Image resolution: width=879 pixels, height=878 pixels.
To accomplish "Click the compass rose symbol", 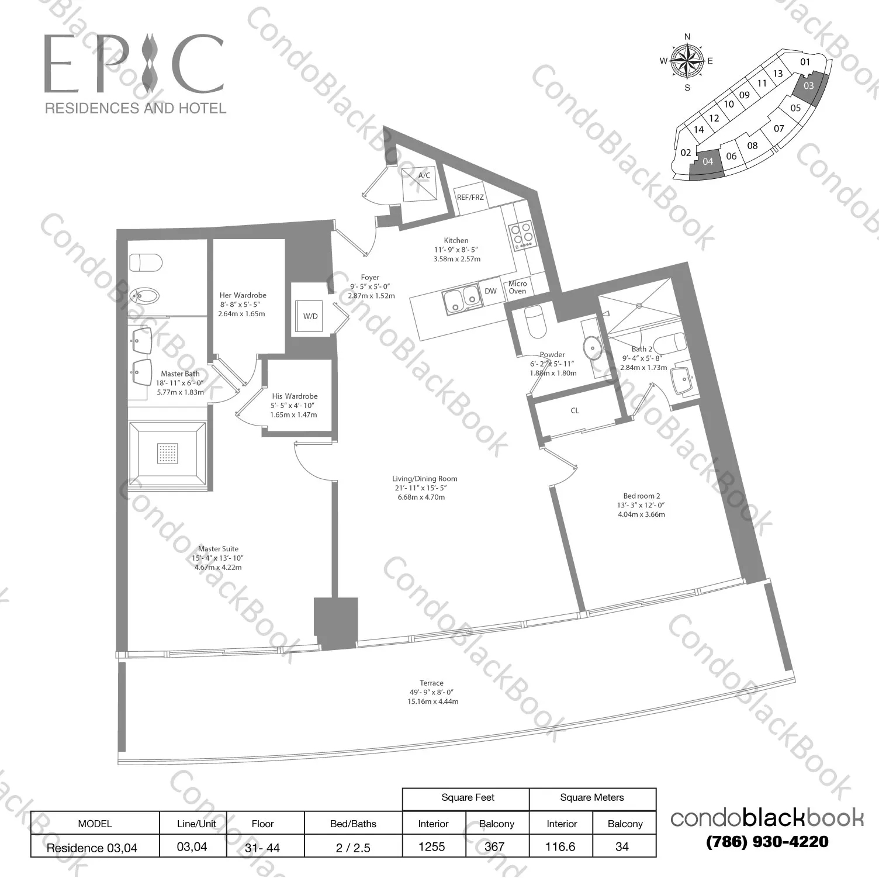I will (687, 61).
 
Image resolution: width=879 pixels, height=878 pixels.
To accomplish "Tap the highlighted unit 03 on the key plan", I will (809, 87).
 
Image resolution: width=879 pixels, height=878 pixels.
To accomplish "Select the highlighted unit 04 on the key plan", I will (707, 162).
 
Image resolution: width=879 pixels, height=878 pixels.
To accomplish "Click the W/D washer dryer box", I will (310, 316).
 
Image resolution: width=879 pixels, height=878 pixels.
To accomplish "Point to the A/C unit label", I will (424, 175).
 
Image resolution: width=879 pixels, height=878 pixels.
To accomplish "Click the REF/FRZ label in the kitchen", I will (470, 198).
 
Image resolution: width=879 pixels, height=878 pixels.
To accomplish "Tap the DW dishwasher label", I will (491, 291).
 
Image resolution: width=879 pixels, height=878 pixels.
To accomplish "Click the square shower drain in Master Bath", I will (167, 453).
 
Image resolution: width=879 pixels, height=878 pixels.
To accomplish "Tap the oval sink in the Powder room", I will (594, 347).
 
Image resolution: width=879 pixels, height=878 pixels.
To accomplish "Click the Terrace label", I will (431, 683).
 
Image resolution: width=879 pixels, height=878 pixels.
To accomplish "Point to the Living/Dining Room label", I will (424, 479).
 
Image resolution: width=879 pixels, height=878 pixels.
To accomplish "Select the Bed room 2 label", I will (641, 496).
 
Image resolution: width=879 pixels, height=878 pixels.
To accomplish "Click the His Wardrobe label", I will (295, 396).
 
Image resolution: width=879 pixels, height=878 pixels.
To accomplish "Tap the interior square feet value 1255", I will (432, 846).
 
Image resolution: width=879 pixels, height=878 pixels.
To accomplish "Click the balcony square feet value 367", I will (496, 846).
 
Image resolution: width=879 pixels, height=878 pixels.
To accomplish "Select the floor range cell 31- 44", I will (262, 847).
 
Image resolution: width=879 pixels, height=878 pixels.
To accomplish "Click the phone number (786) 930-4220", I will (767, 842).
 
